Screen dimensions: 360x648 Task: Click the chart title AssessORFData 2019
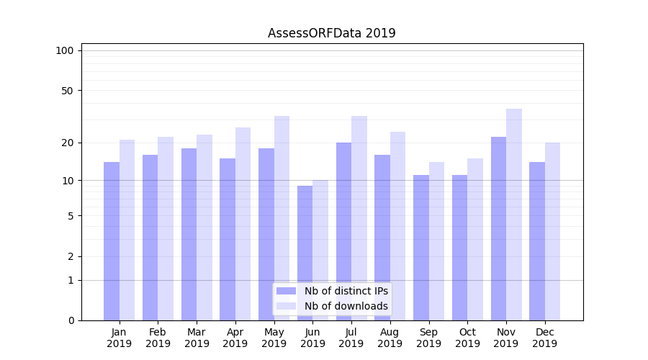(x=331, y=33)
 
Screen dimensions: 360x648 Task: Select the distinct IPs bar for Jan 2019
(x=112, y=241)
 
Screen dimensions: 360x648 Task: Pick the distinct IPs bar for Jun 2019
(x=305, y=253)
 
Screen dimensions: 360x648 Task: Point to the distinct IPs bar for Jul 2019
(x=343, y=231)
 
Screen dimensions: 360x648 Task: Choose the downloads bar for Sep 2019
(x=436, y=241)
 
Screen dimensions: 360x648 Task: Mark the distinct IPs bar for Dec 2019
(x=537, y=241)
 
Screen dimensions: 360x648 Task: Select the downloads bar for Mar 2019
(x=204, y=228)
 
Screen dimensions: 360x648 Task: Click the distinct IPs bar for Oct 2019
(x=460, y=248)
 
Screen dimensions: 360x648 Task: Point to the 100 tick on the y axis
(x=65, y=50)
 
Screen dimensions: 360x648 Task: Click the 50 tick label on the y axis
(x=68, y=91)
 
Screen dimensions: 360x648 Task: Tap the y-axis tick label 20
(x=68, y=143)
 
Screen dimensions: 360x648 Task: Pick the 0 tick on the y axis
(x=71, y=320)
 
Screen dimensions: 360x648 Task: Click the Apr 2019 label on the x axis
(x=235, y=338)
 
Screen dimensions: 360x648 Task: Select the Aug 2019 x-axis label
(x=390, y=338)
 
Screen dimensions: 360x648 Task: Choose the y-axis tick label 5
(x=71, y=215)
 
